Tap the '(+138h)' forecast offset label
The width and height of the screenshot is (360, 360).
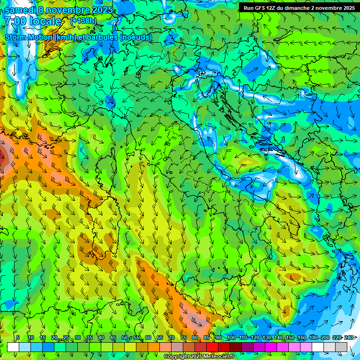pyautogui.click(x=83, y=21)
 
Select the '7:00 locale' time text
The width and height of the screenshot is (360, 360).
pyautogui.click(x=33, y=22)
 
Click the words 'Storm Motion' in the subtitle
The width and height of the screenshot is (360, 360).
pyautogui.click(x=29, y=37)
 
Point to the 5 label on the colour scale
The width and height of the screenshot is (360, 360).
pyautogui.click(x=18, y=338)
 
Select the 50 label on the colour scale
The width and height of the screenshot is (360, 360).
pyautogui.click(x=125, y=338)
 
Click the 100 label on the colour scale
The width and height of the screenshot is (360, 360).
pyautogui.click(x=231, y=338)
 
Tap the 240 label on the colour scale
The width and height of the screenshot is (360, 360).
pyautogui.click(x=349, y=338)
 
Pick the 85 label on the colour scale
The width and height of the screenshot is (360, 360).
pyautogui.click(x=207, y=338)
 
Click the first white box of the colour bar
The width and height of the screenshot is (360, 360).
pyautogui.click(x=13, y=347)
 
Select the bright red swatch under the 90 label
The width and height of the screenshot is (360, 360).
pyautogui.click(x=212, y=347)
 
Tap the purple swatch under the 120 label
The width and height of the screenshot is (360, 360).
pyautogui.click(x=259, y=347)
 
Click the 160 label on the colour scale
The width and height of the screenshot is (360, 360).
pyautogui.click(x=302, y=338)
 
